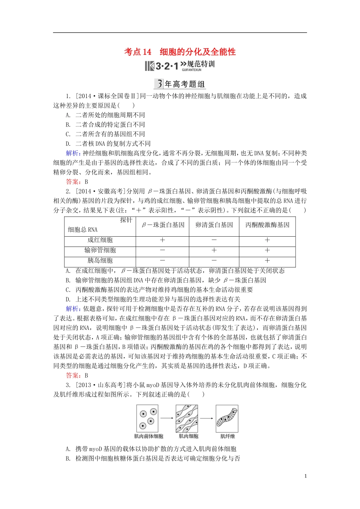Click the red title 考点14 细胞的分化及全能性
click(180, 52)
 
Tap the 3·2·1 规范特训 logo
click(180, 66)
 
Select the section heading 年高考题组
click(180, 84)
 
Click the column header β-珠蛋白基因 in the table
click(163, 225)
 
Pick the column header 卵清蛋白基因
click(214, 225)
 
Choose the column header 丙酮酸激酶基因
click(267, 225)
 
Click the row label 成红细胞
click(100, 240)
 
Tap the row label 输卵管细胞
click(100, 250)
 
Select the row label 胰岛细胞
click(100, 261)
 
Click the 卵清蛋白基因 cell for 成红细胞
click(214, 240)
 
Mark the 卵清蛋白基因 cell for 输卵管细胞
click(214, 250)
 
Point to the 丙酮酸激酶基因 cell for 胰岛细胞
click(267, 261)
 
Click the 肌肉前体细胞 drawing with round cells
click(147, 418)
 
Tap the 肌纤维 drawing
click(227, 418)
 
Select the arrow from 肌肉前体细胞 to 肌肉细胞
click(167, 418)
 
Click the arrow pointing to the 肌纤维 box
click(207, 418)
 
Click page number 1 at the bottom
click(305, 476)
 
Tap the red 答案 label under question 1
click(72, 182)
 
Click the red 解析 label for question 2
click(72, 309)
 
